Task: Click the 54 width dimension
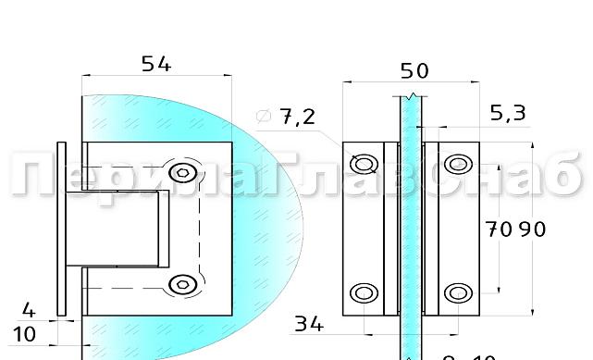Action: [x=156, y=64]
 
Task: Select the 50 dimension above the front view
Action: [x=414, y=71]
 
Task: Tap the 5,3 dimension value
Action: [x=507, y=113]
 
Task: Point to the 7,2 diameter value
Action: [x=297, y=117]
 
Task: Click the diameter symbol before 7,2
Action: [x=263, y=117]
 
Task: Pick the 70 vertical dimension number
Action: [x=500, y=230]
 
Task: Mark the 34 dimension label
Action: [x=309, y=324]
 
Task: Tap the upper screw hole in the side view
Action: [x=182, y=173]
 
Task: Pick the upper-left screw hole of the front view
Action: [x=365, y=164]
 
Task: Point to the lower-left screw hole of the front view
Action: [x=365, y=293]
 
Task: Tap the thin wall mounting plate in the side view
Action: [x=62, y=230]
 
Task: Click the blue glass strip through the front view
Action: [x=410, y=231]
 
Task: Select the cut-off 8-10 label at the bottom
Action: [x=469, y=355]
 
